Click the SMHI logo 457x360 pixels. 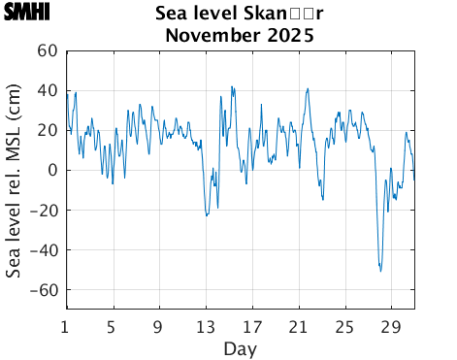pos(26,13)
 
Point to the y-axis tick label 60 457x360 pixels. pos(48,51)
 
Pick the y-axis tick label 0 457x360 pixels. pos(53,171)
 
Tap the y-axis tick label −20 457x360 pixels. pos(44,211)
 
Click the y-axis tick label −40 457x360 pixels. pos(44,250)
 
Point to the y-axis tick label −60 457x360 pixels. pos(44,290)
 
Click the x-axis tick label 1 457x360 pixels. pos(66,325)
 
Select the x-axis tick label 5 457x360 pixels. pos(113,325)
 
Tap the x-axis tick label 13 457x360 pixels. pos(206,325)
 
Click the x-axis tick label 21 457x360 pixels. pos(299,325)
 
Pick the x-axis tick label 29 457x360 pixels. pos(392,325)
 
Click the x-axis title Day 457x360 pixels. pos(240,347)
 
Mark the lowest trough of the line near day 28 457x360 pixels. pos(380,271)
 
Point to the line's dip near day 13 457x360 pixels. pos(207,215)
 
